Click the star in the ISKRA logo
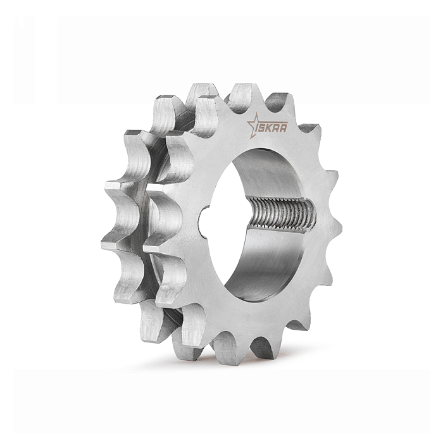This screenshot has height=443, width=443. click(x=253, y=125)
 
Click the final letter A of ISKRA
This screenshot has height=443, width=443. click(x=284, y=129)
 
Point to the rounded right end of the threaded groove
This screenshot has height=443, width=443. click(x=314, y=214)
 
